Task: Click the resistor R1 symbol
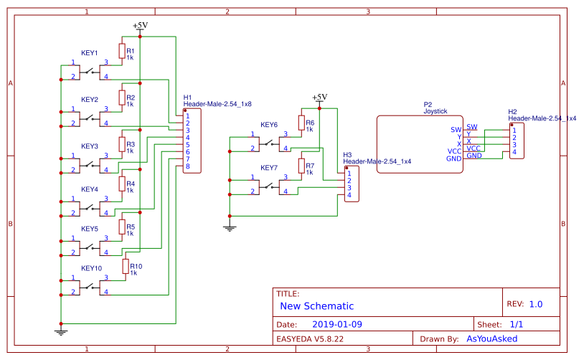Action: tap(122, 54)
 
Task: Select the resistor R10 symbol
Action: tap(126, 267)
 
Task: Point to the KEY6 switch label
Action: tap(269, 124)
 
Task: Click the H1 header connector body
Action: tap(192, 141)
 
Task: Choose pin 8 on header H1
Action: tap(187, 166)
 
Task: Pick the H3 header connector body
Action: tap(352, 184)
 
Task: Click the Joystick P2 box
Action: tap(419, 143)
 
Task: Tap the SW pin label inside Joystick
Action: tap(456, 130)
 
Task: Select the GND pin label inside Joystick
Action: tap(453, 158)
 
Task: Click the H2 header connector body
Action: tap(517, 141)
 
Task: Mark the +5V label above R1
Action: tap(140, 25)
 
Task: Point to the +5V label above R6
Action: tap(319, 98)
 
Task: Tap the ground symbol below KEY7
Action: tap(230, 228)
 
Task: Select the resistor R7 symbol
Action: tap(301, 168)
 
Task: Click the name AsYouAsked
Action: tap(491, 338)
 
